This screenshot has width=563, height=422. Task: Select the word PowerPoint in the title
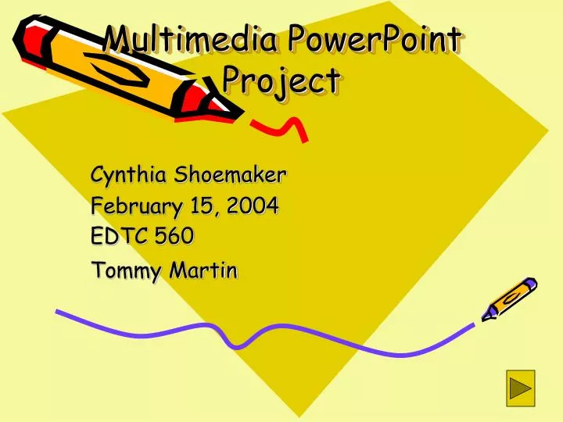374,39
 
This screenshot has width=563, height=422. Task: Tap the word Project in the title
281,80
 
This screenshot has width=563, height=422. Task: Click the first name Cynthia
127,173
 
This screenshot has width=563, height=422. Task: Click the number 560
174,235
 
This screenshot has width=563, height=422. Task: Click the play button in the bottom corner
520,388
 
